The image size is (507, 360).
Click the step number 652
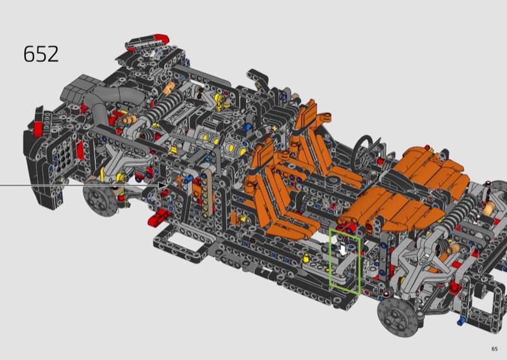(x=41, y=54)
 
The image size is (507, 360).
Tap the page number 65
(x=494, y=349)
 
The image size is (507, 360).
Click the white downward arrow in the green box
(x=342, y=249)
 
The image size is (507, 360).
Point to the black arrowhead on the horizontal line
(x=162, y=185)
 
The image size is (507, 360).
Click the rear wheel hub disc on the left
(x=101, y=198)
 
